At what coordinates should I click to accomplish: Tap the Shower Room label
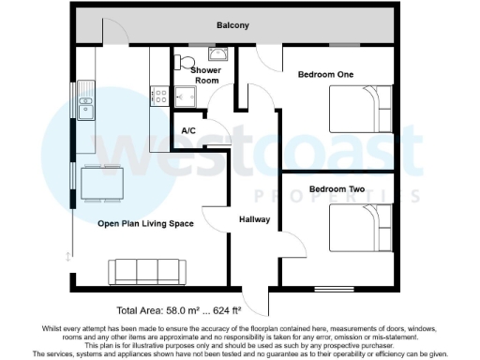(205, 75)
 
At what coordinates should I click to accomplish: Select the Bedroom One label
(325, 74)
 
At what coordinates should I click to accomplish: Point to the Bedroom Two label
(337, 189)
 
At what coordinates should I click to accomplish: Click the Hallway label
(254, 219)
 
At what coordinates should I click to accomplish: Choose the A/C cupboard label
(187, 130)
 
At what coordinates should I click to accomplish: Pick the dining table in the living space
(100, 182)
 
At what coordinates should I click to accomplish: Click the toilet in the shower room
(181, 62)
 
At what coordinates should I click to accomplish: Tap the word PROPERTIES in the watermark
(337, 195)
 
